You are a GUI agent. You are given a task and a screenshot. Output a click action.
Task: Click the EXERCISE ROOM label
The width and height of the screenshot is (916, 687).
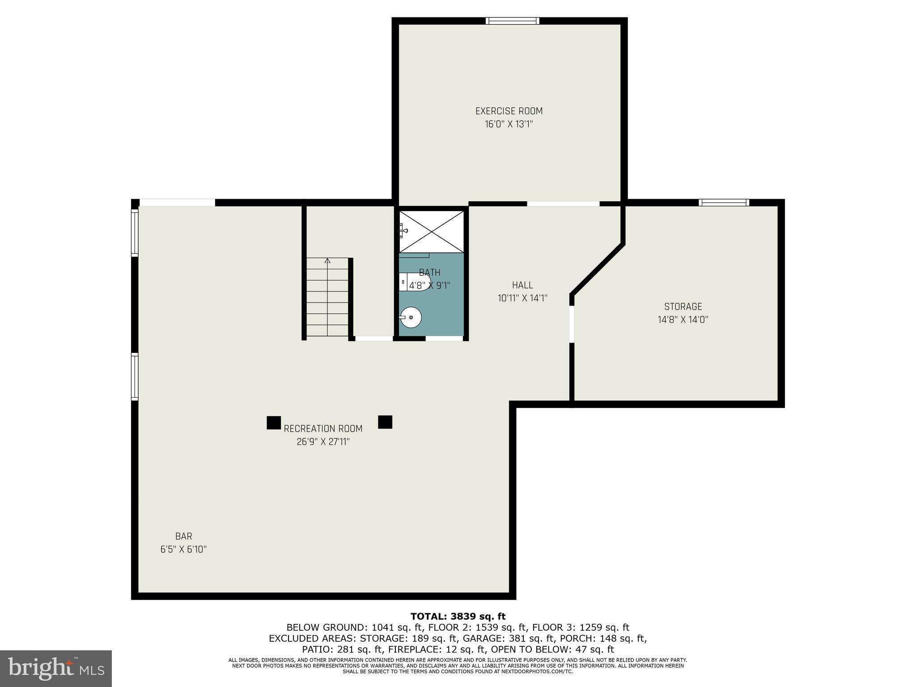(509, 111)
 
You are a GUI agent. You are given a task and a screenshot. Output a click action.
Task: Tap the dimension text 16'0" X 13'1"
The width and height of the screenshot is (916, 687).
(509, 124)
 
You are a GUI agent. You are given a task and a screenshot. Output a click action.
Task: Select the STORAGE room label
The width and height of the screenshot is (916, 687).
(683, 306)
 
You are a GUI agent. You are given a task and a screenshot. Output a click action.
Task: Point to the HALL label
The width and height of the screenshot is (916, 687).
(522, 285)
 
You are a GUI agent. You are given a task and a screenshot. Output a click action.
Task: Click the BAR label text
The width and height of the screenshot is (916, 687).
(183, 536)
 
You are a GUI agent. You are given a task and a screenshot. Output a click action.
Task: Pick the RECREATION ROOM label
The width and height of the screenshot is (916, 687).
(323, 428)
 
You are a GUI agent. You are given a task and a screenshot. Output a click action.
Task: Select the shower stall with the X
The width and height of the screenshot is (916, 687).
(431, 231)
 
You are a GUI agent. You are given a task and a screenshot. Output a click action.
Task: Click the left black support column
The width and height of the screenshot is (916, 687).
(274, 423)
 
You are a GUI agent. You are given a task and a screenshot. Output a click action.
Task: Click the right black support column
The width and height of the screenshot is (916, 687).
(385, 422)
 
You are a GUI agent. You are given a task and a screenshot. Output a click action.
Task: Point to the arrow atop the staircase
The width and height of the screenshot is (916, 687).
(327, 260)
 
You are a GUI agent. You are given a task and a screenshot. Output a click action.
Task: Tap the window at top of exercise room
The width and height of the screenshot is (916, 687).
(513, 21)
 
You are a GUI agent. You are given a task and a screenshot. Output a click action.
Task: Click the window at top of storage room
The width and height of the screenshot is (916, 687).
(724, 203)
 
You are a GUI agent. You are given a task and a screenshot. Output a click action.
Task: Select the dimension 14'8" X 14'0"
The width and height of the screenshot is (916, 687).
(683, 319)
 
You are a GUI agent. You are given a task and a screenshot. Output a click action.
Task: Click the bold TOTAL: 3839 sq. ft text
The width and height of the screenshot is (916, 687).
(458, 617)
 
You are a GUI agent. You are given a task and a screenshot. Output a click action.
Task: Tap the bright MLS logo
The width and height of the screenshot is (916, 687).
(56, 668)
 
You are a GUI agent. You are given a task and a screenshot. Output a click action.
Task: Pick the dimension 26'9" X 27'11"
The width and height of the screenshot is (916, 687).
(323, 442)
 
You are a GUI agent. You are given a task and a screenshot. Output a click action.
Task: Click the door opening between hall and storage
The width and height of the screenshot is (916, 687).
(572, 324)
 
